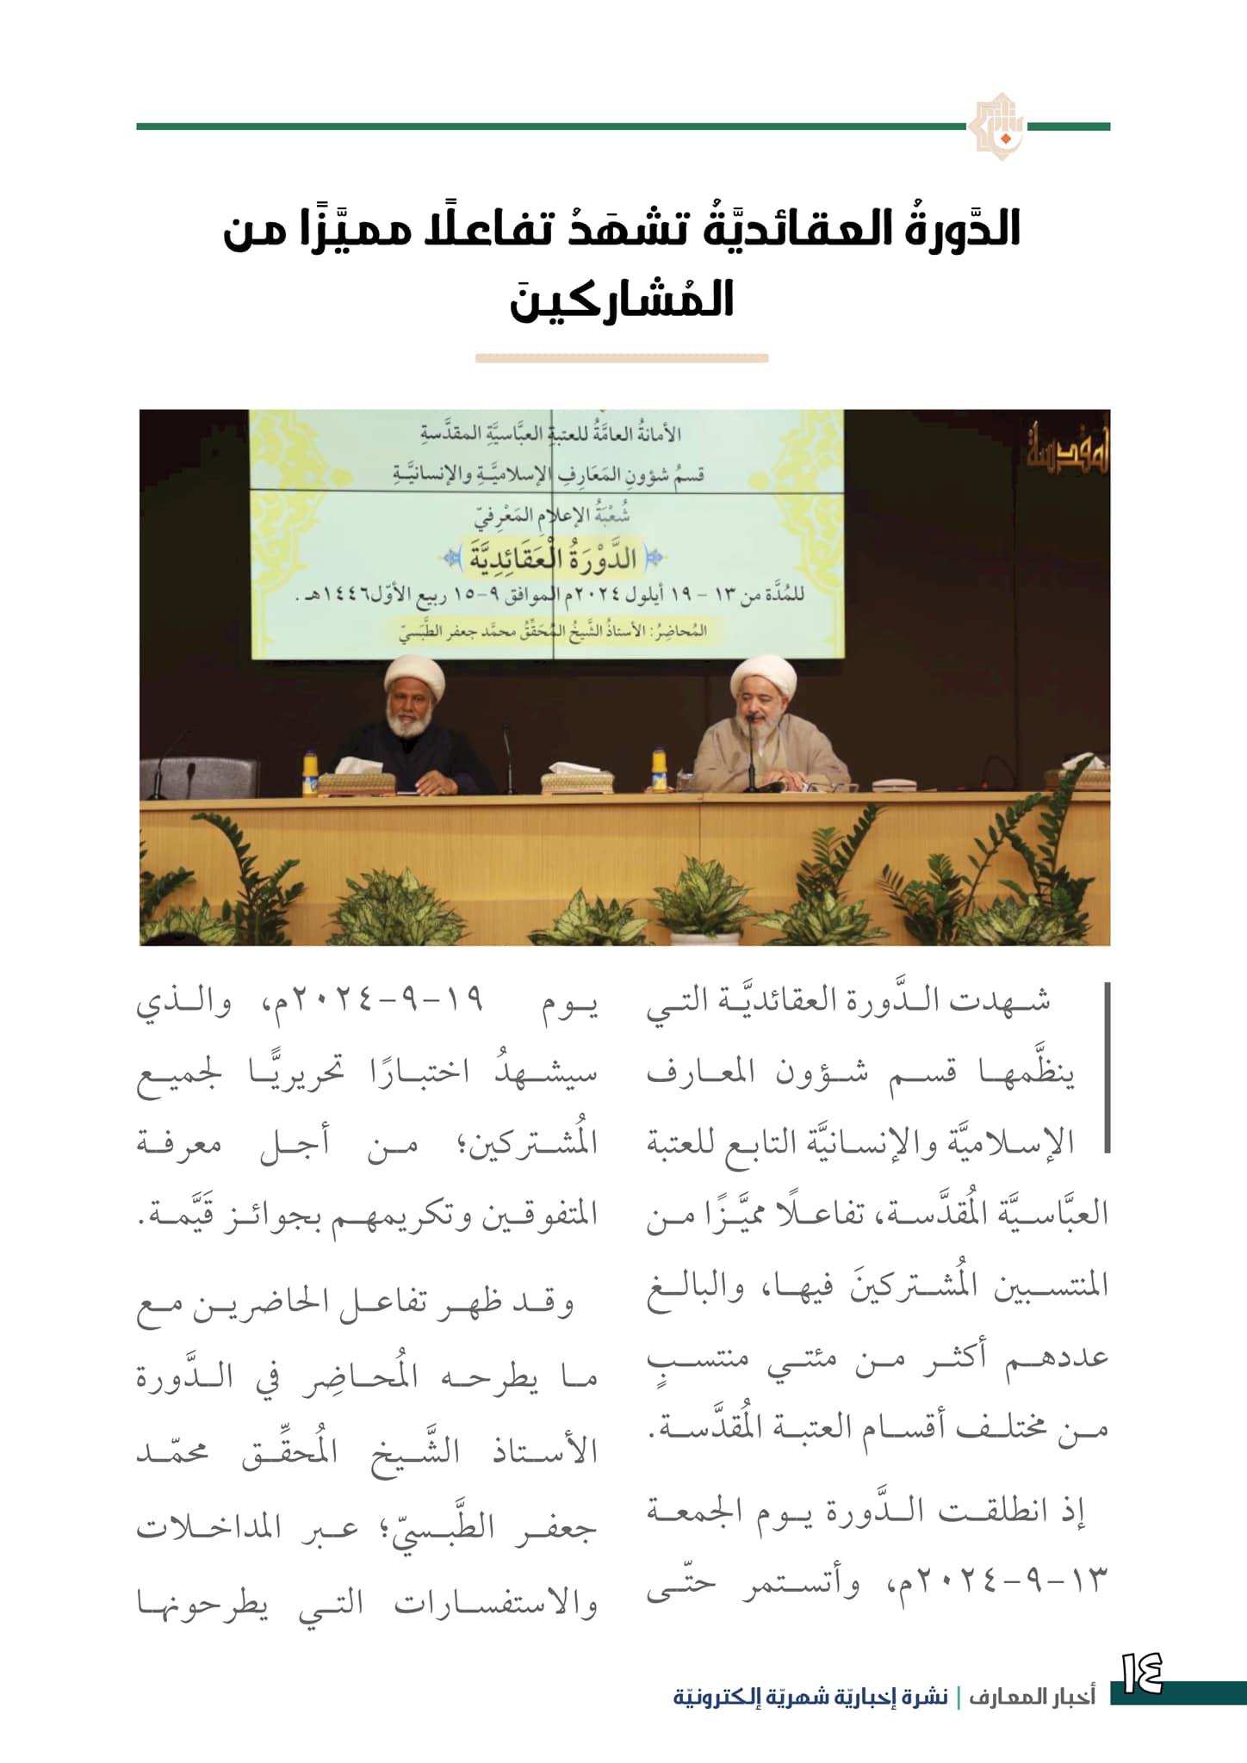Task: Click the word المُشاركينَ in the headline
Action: click(622, 298)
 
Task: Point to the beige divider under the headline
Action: click(621, 358)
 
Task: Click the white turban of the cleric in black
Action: click(415, 678)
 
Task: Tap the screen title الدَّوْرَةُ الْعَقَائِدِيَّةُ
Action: click(554, 557)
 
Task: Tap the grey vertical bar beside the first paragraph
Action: click(1106, 1067)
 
